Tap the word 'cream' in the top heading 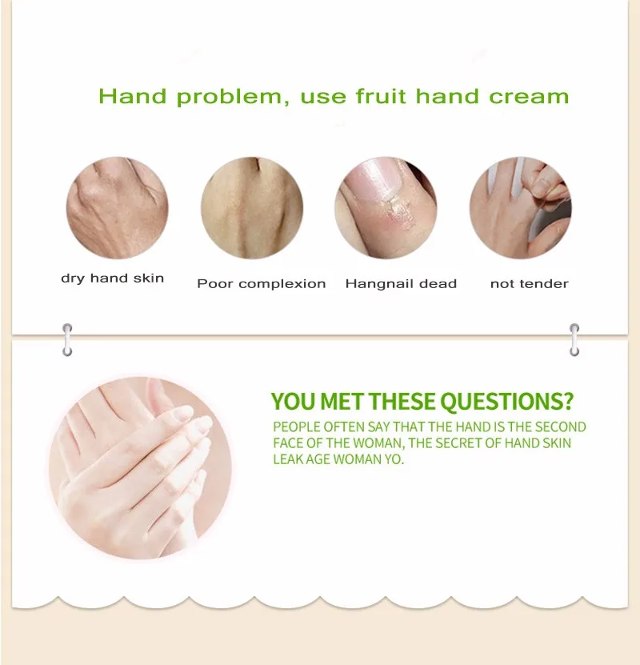(529, 97)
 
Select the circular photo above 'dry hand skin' (118, 208)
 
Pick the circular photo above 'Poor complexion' (252, 208)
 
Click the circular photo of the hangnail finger (386, 208)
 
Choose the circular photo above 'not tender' (521, 208)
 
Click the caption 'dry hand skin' (112, 278)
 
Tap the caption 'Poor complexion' (262, 284)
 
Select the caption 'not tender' (529, 284)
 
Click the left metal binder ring (67, 340)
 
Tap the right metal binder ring (574, 340)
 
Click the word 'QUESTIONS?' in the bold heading (506, 401)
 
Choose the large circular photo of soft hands (140, 468)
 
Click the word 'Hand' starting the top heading (133, 96)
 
